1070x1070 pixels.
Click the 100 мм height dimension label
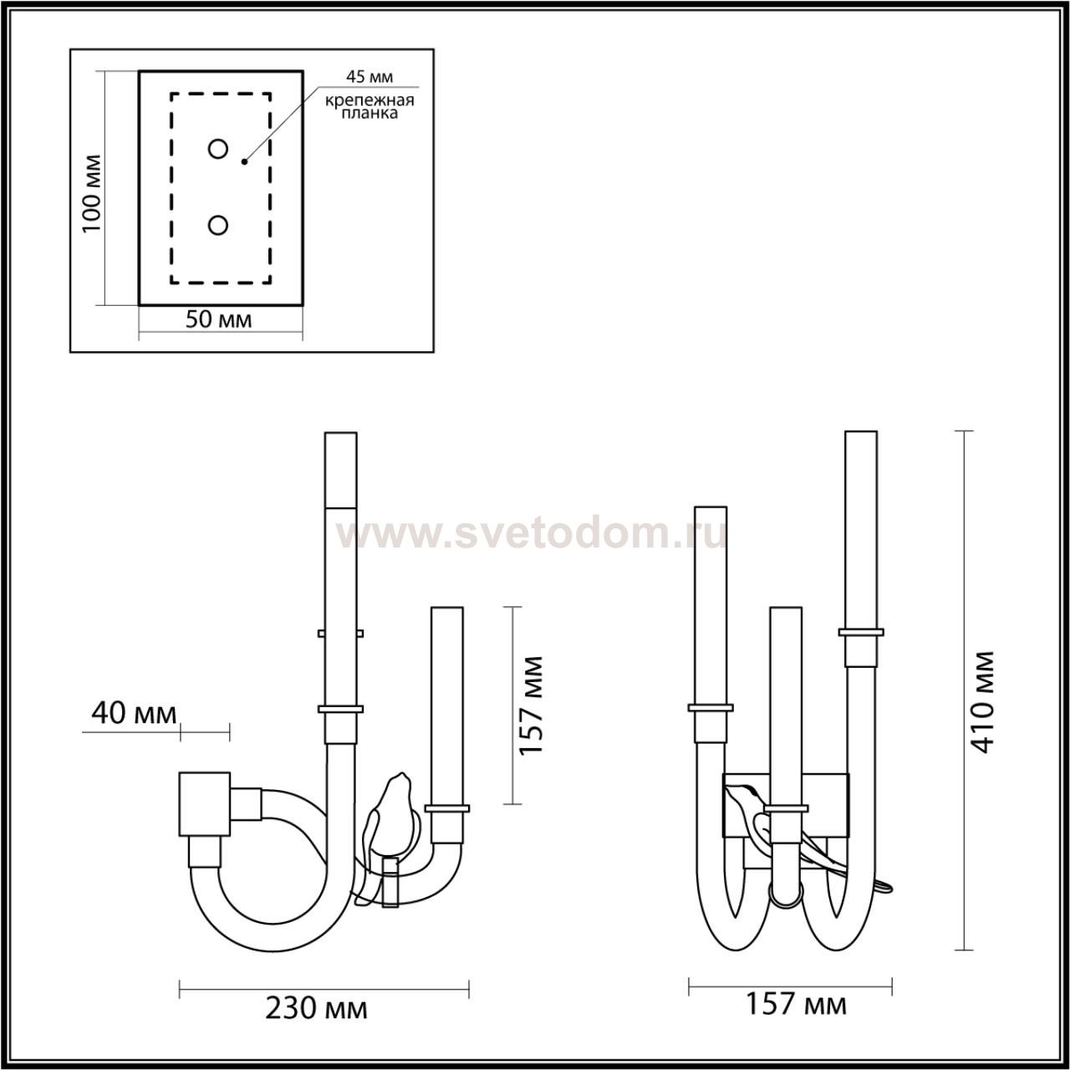(92, 193)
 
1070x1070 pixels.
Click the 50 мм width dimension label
(218, 319)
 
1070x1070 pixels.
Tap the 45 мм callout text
(369, 77)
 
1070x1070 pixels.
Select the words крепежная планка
(369, 107)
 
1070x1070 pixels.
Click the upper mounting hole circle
(217, 149)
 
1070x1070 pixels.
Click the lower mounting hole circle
(217, 226)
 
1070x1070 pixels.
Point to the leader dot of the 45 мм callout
(244, 161)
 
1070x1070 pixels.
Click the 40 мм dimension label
(134, 714)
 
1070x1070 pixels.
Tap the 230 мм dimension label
(316, 1008)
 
